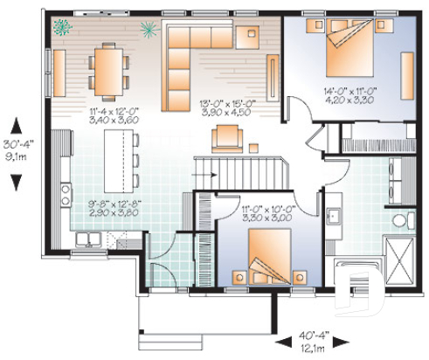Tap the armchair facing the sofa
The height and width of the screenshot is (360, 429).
click(x=227, y=135)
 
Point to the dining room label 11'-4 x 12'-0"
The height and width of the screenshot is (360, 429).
click(x=115, y=112)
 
